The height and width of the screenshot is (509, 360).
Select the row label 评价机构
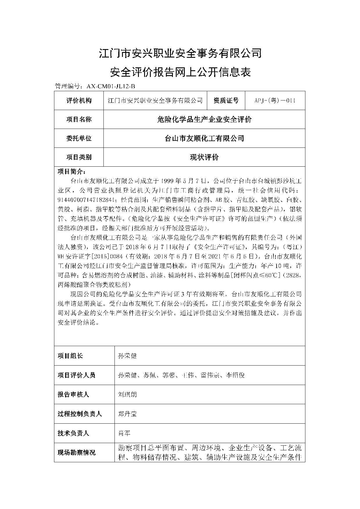tap(79, 100)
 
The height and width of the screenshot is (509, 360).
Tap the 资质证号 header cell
tap(226, 100)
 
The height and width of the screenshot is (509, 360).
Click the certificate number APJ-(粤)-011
tap(275, 100)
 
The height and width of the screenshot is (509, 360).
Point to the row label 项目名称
tap(79, 119)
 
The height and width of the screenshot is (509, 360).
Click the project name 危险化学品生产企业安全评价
tap(204, 119)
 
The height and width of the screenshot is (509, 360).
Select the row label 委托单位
tap(79, 138)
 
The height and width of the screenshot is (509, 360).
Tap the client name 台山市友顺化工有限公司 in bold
tap(204, 138)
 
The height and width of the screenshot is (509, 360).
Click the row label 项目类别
tap(79, 157)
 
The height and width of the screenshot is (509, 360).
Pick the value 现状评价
tap(204, 157)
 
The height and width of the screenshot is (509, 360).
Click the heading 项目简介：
tap(71, 171)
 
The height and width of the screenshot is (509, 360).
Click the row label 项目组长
tap(70, 356)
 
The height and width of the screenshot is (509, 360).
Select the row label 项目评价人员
tap(76, 375)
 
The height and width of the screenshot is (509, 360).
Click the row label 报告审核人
tap(73, 394)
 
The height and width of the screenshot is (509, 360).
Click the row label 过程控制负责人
tap(79, 414)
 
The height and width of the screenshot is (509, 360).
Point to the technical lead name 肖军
tap(124, 433)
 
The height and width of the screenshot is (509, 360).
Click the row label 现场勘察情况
tap(76, 452)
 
